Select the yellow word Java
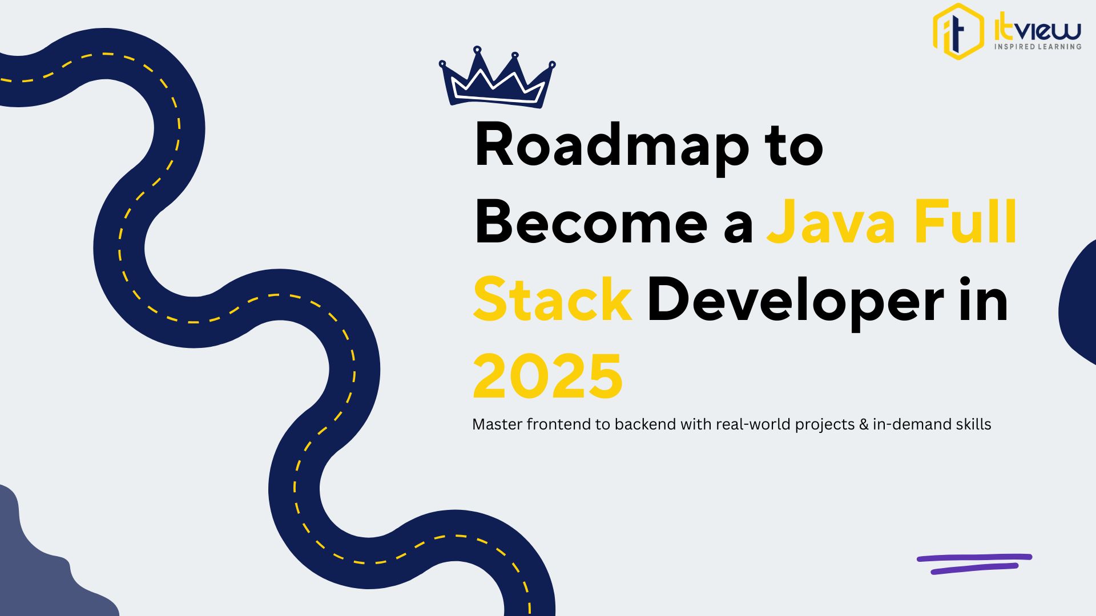[831, 222]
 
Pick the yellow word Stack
[552, 299]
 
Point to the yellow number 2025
[547, 376]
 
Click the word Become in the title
[591, 222]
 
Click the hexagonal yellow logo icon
[958, 31]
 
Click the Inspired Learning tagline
[1038, 47]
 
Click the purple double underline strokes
[974, 564]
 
